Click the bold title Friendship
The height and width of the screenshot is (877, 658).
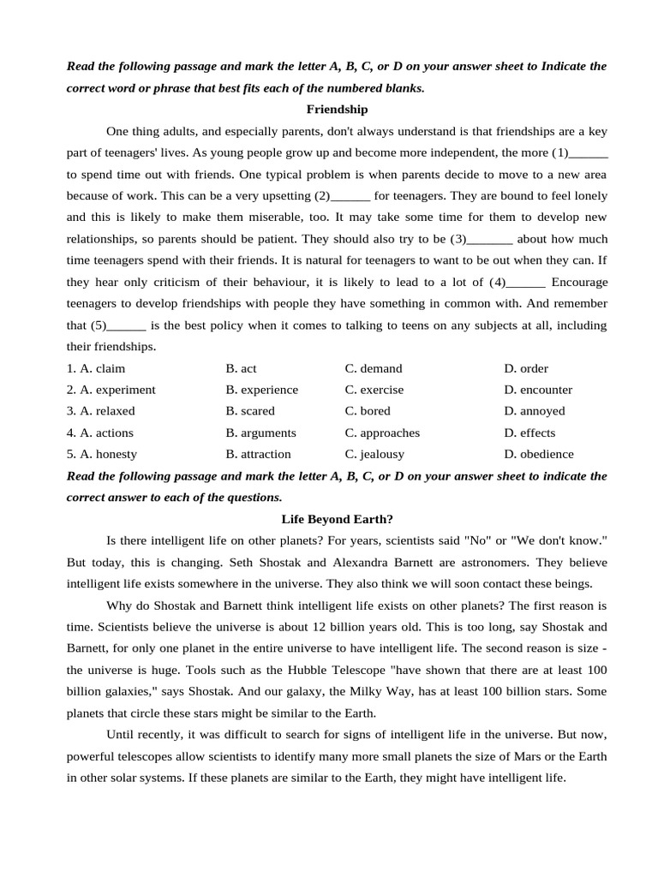coord(337,110)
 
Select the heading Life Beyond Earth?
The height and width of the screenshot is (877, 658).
coord(337,519)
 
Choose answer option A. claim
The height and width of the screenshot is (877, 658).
coord(102,368)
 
